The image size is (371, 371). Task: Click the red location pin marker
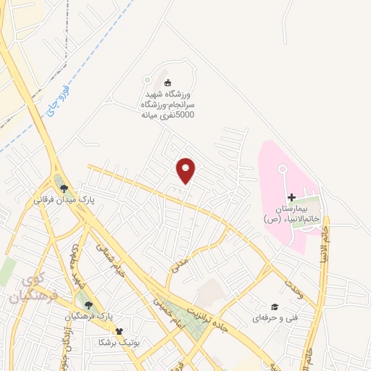click(186, 170)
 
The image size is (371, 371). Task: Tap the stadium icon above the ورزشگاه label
click(168, 82)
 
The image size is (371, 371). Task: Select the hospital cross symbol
click(291, 197)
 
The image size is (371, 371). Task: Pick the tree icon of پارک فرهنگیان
click(89, 306)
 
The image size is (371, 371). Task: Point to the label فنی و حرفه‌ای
click(270, 317)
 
